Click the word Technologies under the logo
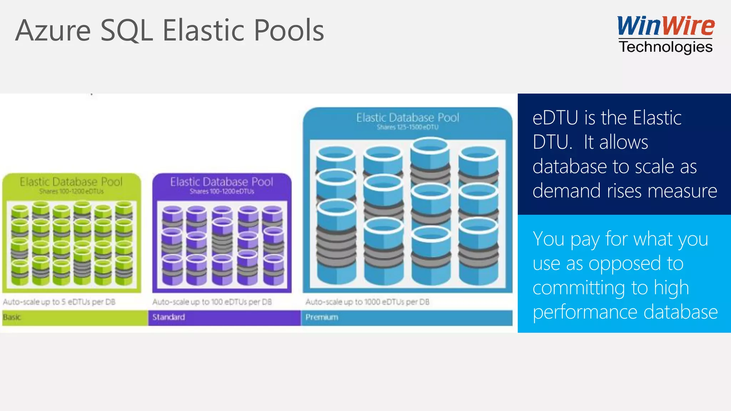pos(666,47)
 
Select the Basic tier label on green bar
pos(12,317)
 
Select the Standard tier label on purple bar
pos(168,317)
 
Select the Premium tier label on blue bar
pos(322,317)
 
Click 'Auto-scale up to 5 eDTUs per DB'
pos(59,302)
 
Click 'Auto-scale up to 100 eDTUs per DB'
pos(212,302)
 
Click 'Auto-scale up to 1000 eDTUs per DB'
pos(367,302)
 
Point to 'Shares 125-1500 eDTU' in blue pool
pos(408,127)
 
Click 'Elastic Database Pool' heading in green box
pos(71,182)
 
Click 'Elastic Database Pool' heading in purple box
pos(222,182)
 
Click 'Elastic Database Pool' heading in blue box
pos(408,118)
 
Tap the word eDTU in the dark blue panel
pos(555,118)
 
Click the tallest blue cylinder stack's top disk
pos(429,146)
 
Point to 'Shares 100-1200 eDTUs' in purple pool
pos(222,192)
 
